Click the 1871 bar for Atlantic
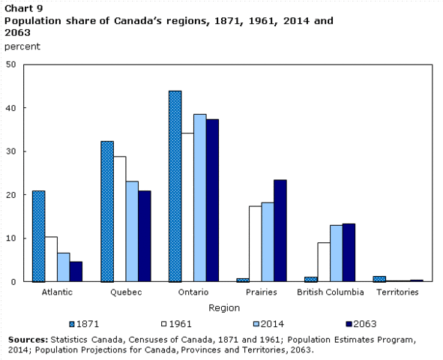[x=38, y=236]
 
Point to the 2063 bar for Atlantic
[x=76, y=271]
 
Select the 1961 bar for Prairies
[x=255, y=244]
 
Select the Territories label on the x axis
[x=397, y=292]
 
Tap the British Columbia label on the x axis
[x=330, y=292]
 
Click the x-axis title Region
[x=224, y=307]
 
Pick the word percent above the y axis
[x=23, y=46]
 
